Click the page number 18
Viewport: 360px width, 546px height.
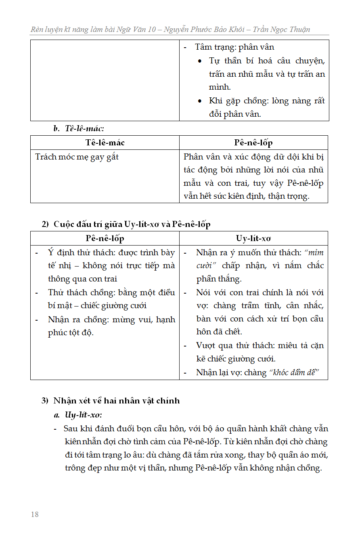pyautogui.click(x=35, y=514)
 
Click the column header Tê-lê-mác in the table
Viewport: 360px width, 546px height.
pyautogui.click(x=105, y=143)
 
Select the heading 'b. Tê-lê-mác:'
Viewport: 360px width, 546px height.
pyautogui.click(x=79, y=129)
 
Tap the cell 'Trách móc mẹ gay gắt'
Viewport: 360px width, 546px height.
pyautogui.click(x=77, y=157)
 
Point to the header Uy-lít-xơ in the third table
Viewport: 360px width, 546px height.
pyautogui.click(x=253, y=239)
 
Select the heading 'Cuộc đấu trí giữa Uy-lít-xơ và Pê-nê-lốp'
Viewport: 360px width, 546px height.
pyautogui.click(x=132, y=224)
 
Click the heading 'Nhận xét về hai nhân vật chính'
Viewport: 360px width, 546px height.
pyautogui.click(x=116, y=401)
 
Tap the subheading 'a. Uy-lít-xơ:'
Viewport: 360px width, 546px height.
pyautogui.click(x=78, y=415)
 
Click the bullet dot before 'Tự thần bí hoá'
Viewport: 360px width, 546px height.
pyautogui.click(x=200, y=61)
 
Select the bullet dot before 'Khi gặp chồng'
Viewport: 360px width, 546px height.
pyautogui.click(x=200, y=101)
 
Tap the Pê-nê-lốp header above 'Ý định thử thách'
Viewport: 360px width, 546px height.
pyautogui.click(x=105, y=239)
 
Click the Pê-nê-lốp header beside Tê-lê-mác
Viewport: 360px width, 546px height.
pyautogui.click(x=253, y=143)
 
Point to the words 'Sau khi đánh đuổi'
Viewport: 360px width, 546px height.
pyautogui.click(x=92, y=429)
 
